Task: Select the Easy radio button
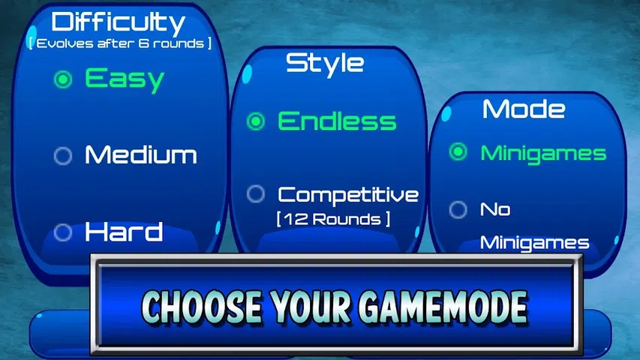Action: pos(63,79)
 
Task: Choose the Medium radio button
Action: pos(63,155)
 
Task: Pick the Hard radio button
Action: pos(63,232)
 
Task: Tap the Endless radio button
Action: pos(256,121)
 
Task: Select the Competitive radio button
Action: pos(256,194)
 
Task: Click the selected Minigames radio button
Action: pos(458,151)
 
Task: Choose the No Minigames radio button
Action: pos(458,209)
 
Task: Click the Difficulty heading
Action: pos(119,22)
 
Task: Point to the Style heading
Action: pos(325,64)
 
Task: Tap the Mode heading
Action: pos(524,109)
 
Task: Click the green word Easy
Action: pos(125,79)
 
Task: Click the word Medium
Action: pos(141,155)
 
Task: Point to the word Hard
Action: pos(124,232)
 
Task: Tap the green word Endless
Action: pos(337,121)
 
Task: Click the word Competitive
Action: pos(348,195)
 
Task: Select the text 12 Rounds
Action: pos(332,219)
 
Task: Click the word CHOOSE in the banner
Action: pos(202,307)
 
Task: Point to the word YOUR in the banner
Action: pos(310,307)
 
